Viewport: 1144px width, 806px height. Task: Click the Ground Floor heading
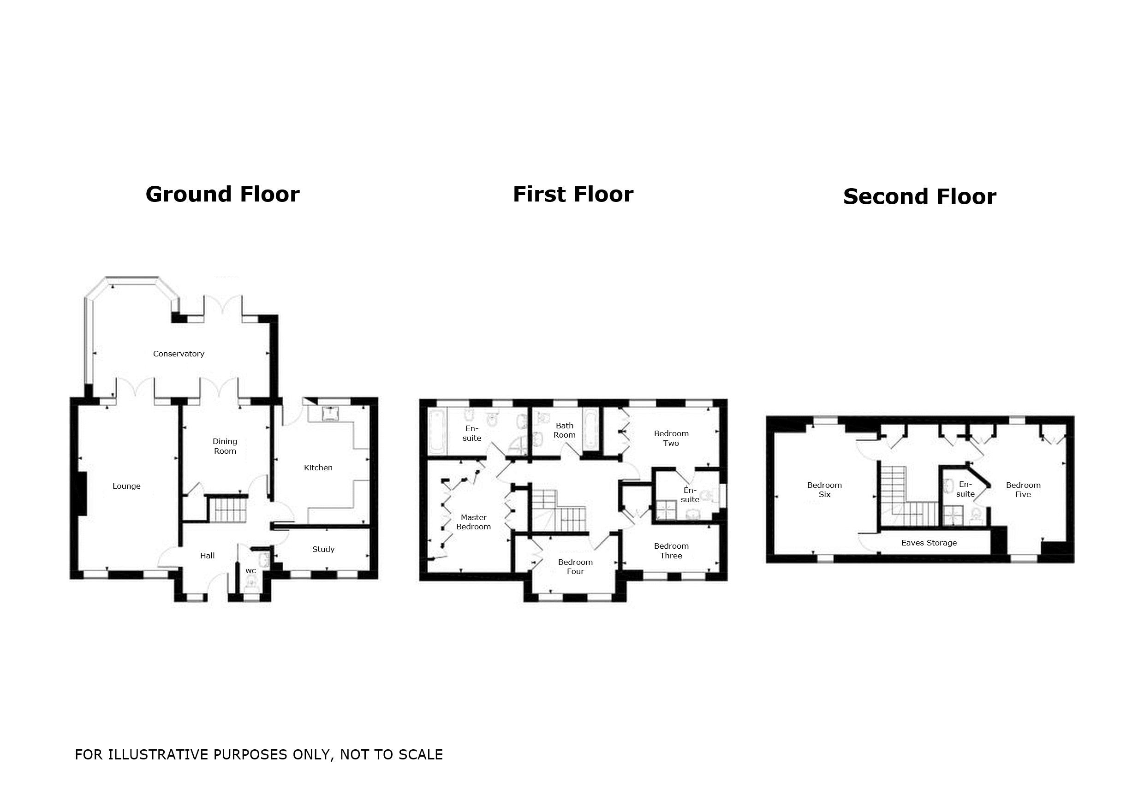point(223,194)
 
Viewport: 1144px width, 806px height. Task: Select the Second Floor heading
point(920,197)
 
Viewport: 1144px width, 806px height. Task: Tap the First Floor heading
point(573,194)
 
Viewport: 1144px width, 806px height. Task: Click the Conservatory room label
point(179,354)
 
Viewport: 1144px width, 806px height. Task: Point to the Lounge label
point(126,486)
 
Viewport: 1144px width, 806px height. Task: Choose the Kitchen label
point(318,468)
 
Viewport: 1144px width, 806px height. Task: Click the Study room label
point(323,550)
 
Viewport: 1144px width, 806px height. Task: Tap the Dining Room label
point(225,446)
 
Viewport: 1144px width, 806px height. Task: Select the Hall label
point(207,556)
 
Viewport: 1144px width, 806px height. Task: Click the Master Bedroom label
point(473,522)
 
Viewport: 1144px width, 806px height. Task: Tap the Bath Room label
point(565,430)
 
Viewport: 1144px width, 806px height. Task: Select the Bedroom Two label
point(671,439)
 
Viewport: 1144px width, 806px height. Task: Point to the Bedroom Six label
point(825,490)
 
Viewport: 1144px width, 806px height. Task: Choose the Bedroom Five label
point(1023,490)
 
